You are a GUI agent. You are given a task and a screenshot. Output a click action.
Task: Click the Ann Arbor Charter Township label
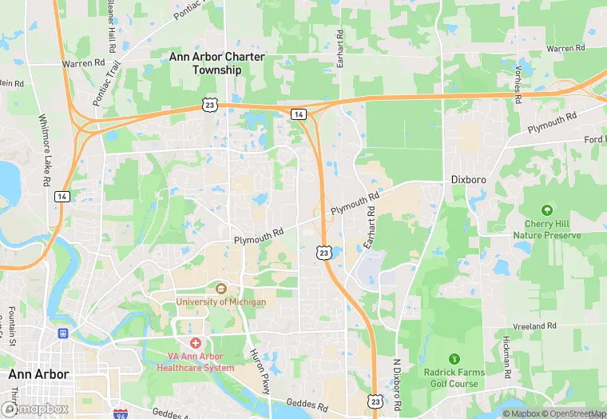click(205, 63)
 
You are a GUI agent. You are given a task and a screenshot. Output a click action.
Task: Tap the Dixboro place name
click(468, 180)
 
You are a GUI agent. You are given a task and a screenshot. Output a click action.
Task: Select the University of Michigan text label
click(221, 302)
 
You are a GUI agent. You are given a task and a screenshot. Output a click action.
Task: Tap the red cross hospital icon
click(195, 342)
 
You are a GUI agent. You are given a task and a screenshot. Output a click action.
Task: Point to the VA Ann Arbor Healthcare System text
click(196, 362)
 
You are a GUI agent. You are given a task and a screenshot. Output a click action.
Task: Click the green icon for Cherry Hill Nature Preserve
click(546, 211)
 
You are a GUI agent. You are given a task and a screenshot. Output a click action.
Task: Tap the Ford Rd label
click(594, 139)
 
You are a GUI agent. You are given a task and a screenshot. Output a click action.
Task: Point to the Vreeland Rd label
click(535, 326)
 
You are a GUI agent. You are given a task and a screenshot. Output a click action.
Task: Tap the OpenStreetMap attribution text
click(572, 413)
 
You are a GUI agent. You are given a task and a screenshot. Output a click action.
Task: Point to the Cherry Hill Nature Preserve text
click(546, 230)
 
